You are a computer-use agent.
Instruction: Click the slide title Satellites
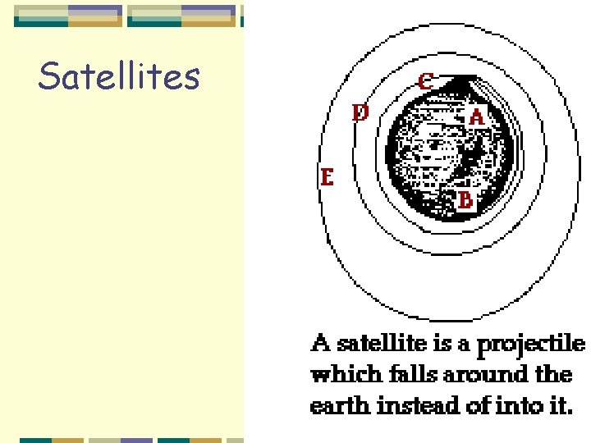tap(119, 76)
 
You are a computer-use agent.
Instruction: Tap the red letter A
tap(477, 117)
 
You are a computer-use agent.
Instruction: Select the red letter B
tap(465, 199)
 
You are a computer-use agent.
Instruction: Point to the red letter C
tap(426, 81)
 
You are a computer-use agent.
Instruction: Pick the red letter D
tap(360, 112)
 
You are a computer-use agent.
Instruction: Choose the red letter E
tap(327, 177)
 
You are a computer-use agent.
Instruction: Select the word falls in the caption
tap(414, 375)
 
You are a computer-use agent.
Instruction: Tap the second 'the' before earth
tap(553, 375)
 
